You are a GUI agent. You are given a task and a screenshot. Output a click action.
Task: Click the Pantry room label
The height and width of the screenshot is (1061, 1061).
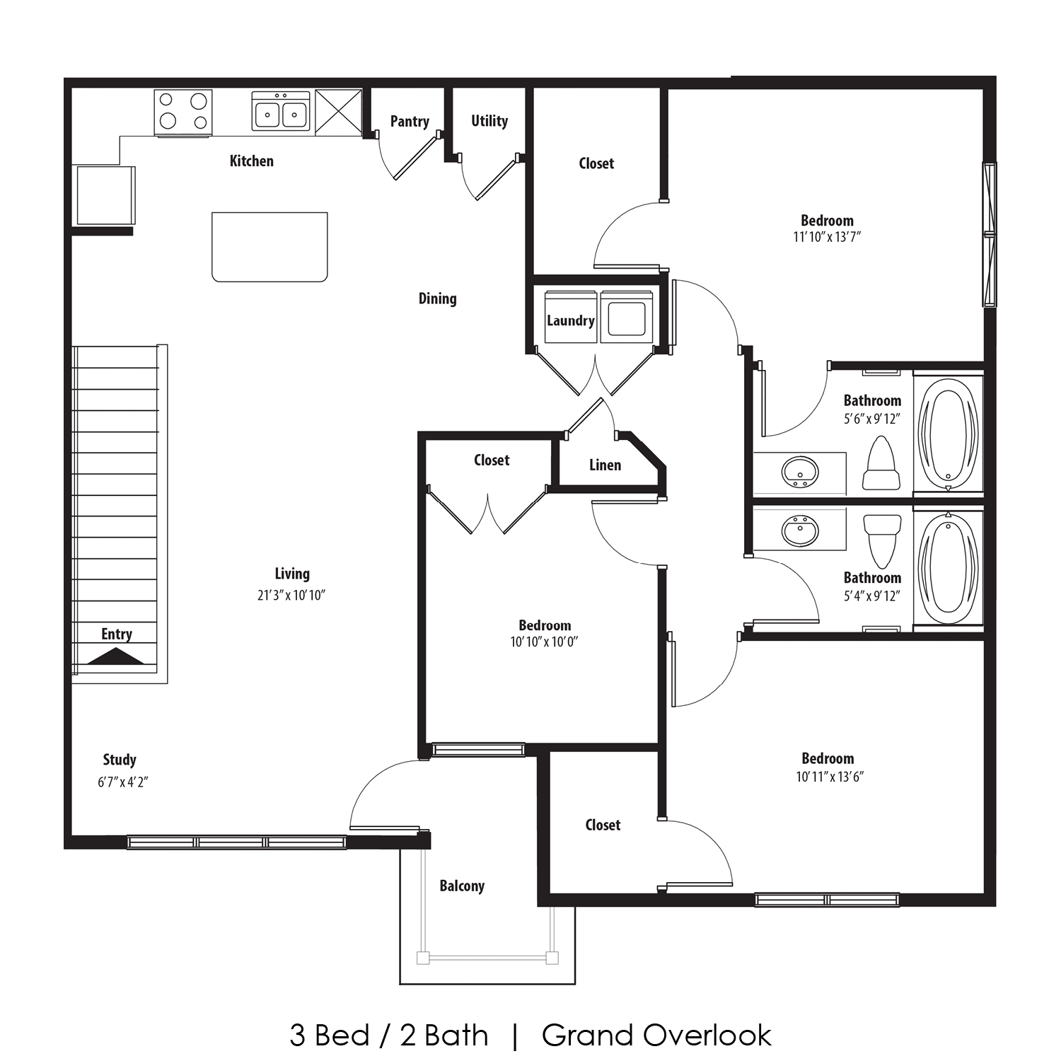[410, 122]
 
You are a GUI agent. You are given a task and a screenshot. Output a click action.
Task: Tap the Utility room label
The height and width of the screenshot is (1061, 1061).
[489, 121]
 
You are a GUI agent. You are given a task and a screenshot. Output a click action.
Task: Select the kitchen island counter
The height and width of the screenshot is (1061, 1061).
[269, 247]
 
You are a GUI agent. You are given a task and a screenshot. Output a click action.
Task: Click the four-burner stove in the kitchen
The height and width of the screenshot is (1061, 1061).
[183, 112]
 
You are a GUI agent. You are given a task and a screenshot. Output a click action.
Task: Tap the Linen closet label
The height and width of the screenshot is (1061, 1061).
[605, 465]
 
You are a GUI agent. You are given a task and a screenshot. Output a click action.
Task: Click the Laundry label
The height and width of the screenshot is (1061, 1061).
[570, 320]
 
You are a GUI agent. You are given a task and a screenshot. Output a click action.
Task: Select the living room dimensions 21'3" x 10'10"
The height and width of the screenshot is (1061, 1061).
[291, 596]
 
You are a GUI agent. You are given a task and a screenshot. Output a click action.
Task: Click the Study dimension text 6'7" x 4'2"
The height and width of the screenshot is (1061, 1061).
[122, 782]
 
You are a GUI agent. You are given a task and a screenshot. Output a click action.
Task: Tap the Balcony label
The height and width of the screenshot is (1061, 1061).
[462, 886]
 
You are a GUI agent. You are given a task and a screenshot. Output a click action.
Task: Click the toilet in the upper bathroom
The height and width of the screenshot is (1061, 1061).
[881, 463]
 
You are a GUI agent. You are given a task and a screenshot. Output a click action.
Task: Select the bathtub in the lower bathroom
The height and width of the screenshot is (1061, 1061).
[947, 569]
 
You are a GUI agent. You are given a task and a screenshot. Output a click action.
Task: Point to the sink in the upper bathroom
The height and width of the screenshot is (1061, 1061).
[800, 472]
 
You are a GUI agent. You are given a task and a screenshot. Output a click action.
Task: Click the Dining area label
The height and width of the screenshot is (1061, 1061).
[437, 298]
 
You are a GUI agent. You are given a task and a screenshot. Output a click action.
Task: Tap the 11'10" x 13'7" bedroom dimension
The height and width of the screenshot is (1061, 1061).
[827, 237]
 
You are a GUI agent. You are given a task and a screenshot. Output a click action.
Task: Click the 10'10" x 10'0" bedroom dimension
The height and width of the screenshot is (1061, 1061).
[544, 642]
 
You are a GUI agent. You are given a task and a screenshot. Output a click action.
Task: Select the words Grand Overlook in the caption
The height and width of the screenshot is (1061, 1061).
[656, 1036]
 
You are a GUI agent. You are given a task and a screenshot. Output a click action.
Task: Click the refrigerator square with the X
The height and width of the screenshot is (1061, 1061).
[338, 112]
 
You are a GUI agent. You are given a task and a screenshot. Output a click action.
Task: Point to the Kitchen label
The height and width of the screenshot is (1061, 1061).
[251, 161]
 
